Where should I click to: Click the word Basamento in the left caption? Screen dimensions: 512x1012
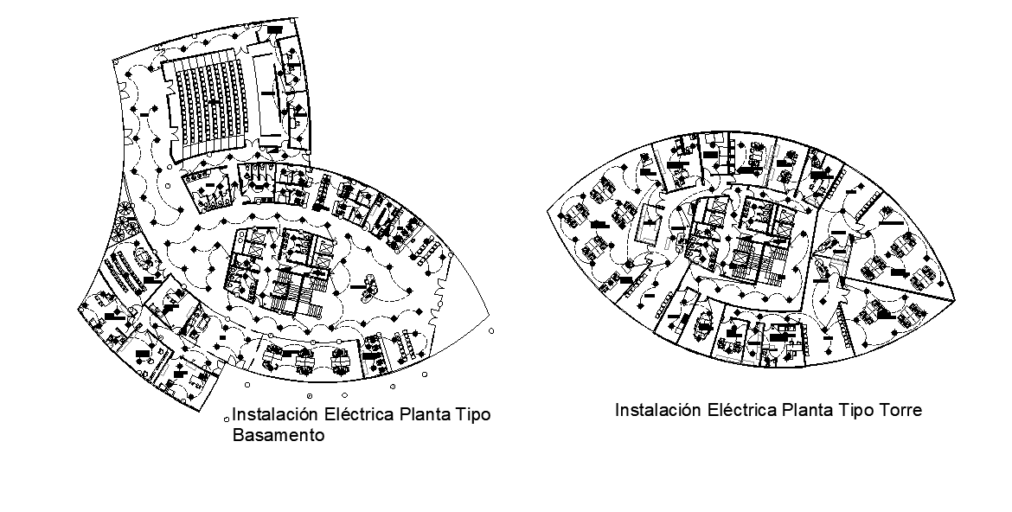click(x=279, y=436)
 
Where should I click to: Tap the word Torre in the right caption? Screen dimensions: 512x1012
click(x=899, y=410)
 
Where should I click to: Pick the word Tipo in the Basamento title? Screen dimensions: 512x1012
click(x=472, y=415)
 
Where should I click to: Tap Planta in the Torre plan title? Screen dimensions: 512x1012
click(x=807, y=410)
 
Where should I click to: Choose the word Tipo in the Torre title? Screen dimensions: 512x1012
click(x=855, y=410)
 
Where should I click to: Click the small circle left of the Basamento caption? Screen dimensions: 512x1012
click(x=227, y=416)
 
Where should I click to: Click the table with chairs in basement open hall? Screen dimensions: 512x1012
click(x=367, y=285)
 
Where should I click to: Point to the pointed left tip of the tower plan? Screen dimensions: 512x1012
click(x=548, y=208)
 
